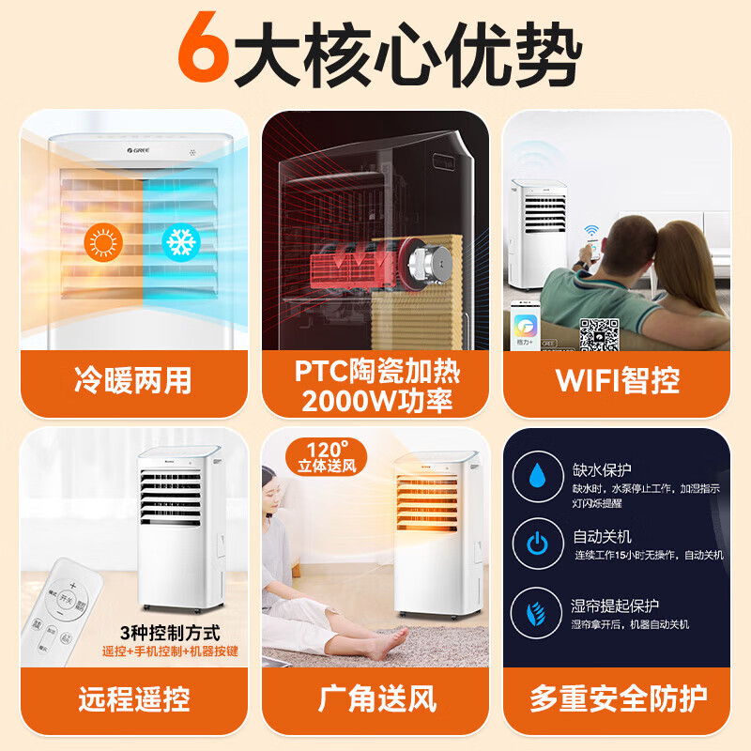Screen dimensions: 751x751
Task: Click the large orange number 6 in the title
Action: click(204, 50)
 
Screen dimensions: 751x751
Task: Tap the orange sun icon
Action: click(102, 242)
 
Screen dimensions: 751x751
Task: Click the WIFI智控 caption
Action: click(617, 380)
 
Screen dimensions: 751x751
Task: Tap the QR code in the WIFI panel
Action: click(598, 333)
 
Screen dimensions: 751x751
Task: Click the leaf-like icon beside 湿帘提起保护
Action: click(537, 613)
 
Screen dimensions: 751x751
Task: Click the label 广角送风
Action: click(376, 698)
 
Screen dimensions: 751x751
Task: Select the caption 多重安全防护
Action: click(617, 698)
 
